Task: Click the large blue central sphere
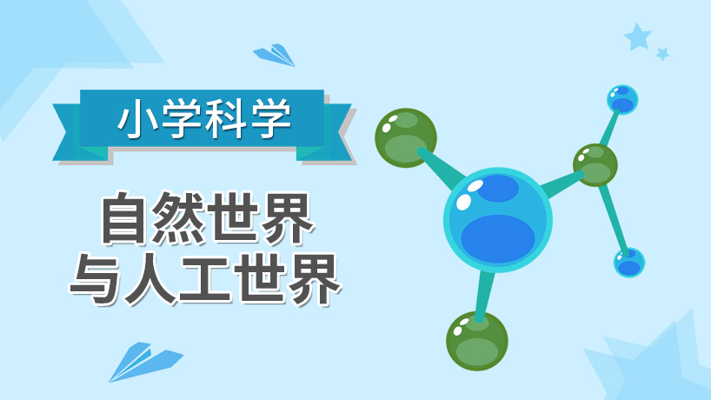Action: click(x=497, y=220)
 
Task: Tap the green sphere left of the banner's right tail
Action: click(x=406, y=138)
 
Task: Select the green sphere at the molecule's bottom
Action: click(x=476, y=341)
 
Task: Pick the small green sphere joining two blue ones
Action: click(x=595, y=165)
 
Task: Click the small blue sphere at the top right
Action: click(x=622, y=100)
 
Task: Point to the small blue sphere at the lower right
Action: click(x=629, y=263)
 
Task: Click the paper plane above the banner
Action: click(x=275, y=55)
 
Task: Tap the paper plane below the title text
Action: click(x=145, y=362)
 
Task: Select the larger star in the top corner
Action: click(x=637, y=37)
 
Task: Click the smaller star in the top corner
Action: click(x=662, y=54)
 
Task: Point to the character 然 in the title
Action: click(x=178, y=218)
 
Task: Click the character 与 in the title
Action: click(x=96, y=278)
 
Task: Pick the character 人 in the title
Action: click(x=150, y=278)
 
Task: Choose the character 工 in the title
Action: click(x=205, y=278)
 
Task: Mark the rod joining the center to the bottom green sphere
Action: click(x=485, y=295)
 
